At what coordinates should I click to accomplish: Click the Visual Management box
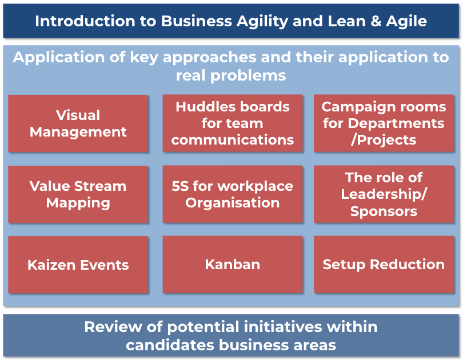tap(78, 123)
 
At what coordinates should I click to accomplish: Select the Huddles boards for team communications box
tap(233, 123)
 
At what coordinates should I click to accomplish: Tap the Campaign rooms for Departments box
tap(384, 123)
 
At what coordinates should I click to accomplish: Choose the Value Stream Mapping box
tap(78, 194)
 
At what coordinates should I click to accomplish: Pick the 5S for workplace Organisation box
tap(233, 194)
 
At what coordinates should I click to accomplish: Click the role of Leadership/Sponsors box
tap(384, 194)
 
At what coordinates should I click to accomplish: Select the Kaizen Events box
tap(78, 265)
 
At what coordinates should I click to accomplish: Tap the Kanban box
tap(233, 265)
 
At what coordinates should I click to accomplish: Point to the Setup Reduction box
tap(384, 265)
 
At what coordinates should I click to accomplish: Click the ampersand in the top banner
tap(376, 21)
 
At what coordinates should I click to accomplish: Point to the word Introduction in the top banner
tap(85, 21)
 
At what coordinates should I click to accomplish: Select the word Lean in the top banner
tap(346, 21)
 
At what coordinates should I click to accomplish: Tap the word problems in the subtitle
tap(248, 76)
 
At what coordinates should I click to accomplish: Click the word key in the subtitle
tap(144, 58)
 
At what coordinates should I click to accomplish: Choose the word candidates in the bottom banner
tap(170, 345)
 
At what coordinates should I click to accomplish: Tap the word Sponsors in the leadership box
tap(384, 211)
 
